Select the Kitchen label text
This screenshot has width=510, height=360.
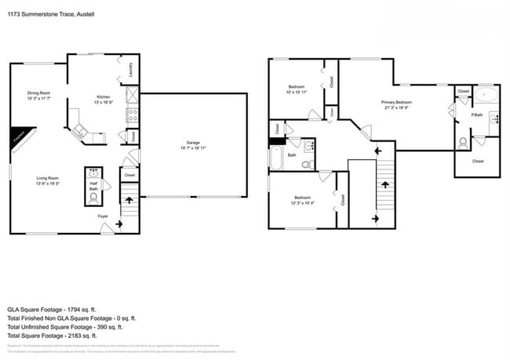[x=104, y=100]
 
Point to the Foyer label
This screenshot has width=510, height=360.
[x=102, y=216]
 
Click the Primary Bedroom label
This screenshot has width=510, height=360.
[x=396, y=104]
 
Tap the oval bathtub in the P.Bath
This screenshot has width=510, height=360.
[x=486, y=96]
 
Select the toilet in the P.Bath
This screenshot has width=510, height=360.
[x=464, y=142]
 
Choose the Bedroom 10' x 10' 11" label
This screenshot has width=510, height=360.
[x=297, y=89]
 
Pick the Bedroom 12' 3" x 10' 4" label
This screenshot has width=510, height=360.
[x=303, y=200]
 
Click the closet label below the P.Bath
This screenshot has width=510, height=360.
[x=478, y=161]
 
